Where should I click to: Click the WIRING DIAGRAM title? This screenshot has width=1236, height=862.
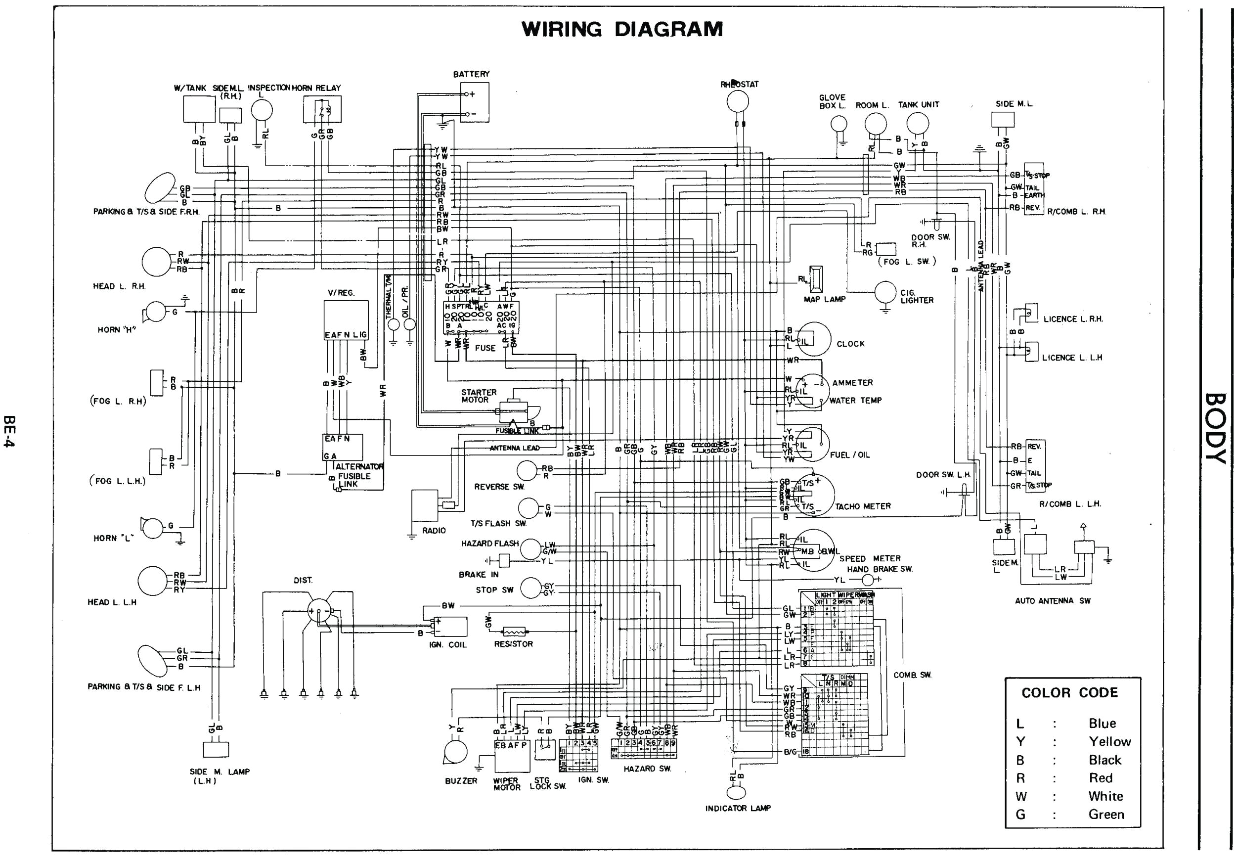[x=622, y=29]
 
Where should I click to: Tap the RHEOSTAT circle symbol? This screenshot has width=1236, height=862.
[x=737, y=101]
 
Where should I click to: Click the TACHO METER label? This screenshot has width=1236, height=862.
[x=862, y=506]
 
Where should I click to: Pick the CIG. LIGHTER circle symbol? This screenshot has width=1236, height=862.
[x=885, y=292]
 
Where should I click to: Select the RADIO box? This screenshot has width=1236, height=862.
[x=425, y=505]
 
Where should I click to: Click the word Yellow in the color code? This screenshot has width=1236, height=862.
[x=1109, y=741]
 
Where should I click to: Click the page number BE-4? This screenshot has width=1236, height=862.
[x=9, y=431]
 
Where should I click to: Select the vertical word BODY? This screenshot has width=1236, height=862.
[x=1215, y=428]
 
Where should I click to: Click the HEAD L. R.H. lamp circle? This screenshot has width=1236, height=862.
[x=156, y=262]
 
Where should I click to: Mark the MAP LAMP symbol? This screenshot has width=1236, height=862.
[x=816, y=279]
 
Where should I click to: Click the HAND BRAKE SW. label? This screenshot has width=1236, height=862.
[x=880, y=569]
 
